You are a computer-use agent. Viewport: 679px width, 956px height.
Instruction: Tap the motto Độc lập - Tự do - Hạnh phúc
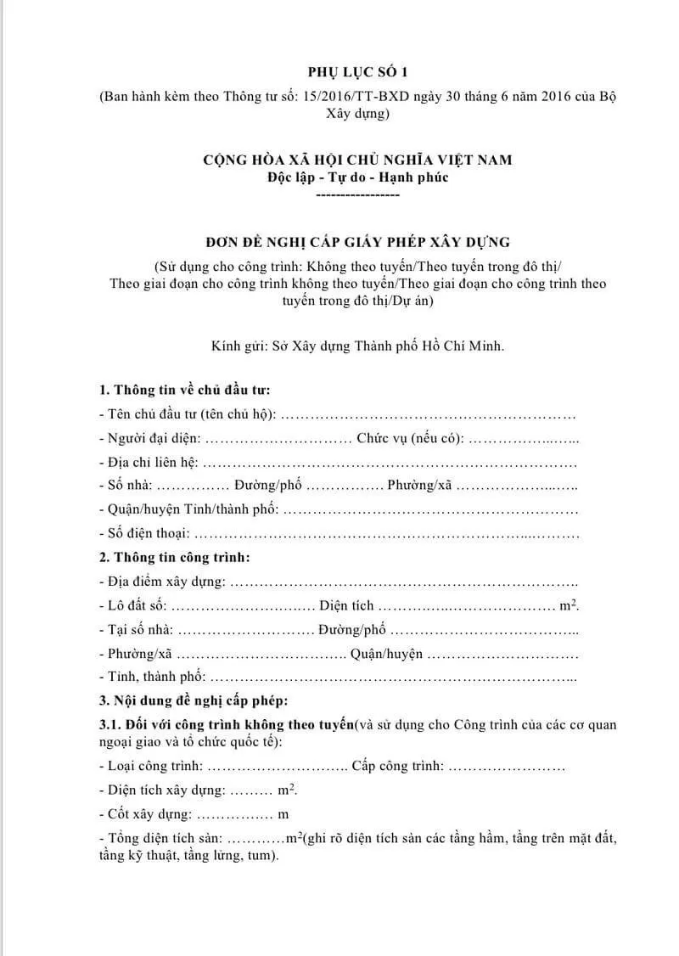point(357,177)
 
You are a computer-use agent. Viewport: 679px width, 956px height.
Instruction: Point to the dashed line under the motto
point(357,194)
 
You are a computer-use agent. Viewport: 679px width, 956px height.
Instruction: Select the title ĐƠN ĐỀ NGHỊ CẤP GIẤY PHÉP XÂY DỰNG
point(357,242)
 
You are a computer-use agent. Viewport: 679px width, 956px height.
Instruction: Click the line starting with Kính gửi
point(357,346)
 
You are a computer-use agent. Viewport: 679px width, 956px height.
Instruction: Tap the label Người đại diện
point(149,439)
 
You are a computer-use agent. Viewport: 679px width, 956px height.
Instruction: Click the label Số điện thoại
point(144,535)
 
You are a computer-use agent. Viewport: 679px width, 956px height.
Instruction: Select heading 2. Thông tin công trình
point(175,558)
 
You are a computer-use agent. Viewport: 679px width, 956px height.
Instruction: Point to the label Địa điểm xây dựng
point(162,582)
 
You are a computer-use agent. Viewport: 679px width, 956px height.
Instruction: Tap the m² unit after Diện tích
point(569,605)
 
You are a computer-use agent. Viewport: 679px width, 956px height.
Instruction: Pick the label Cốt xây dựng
point(147,814)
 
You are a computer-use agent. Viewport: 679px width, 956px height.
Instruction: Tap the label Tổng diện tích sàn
point(162,839)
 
